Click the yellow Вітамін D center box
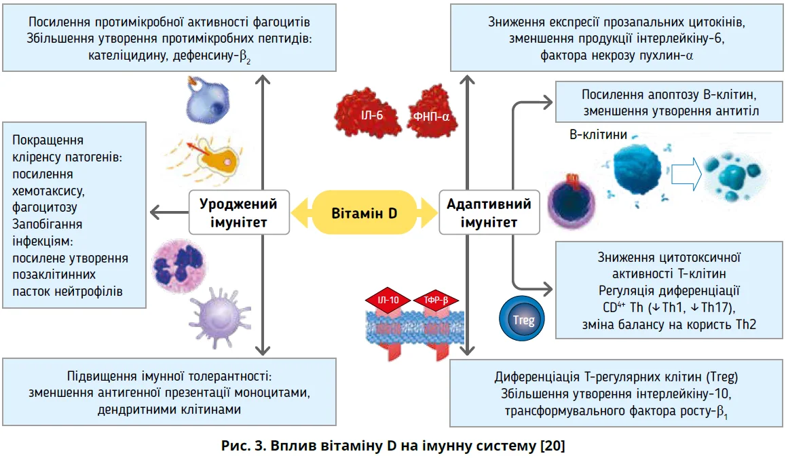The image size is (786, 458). click(364, 212)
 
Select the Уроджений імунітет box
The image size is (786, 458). click(238, 212)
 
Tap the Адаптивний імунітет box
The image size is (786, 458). click(489, 212)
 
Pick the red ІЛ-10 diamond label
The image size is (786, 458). click(384, 299)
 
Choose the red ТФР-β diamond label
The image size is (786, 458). click(435, 299)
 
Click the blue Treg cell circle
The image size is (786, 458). click(520, 320)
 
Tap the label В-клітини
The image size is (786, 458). click(597, 135)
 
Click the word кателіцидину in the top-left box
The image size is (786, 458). click(124, 56)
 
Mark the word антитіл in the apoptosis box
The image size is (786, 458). click(738, 111)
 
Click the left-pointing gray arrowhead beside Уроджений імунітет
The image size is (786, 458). click(153, 212)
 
